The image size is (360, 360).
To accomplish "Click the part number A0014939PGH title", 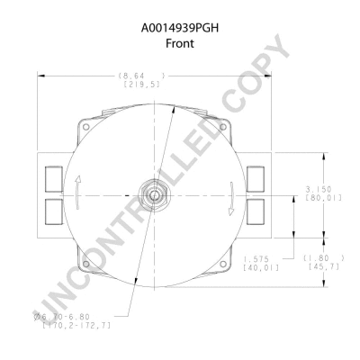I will coord(179,27).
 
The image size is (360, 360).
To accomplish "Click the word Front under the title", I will coord(179,42).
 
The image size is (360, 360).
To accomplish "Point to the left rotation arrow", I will coord(79,189).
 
